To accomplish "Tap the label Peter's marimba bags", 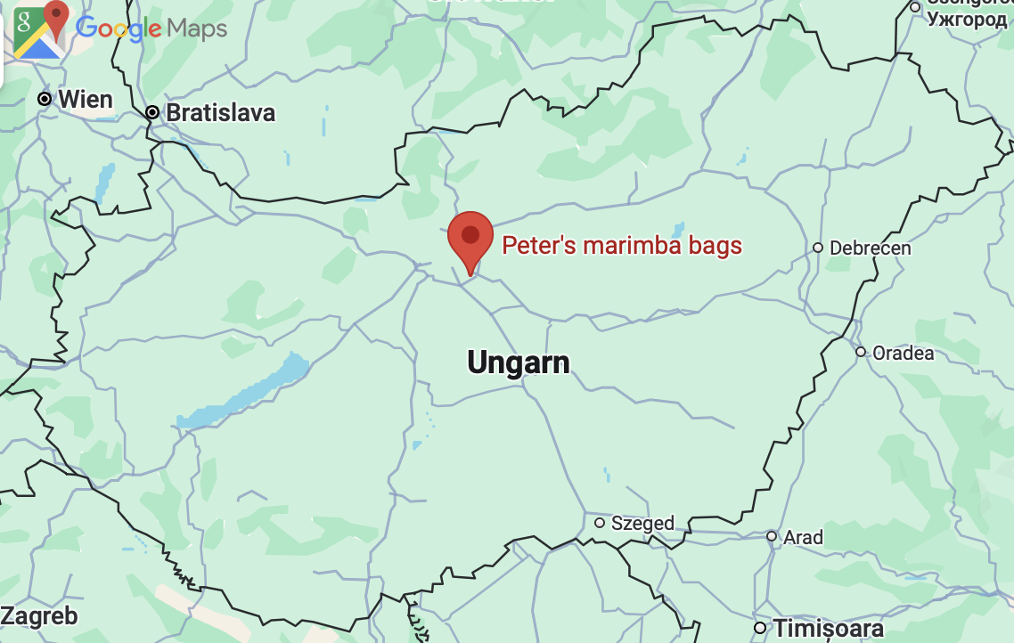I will click(622, 246).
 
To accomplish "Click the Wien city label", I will click(86, 99).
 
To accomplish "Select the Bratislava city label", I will click(220, 113).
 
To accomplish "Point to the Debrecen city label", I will click(870, 248).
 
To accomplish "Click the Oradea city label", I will click(903, 353).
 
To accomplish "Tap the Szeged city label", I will click(642, 523).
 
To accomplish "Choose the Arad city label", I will click(803, 537).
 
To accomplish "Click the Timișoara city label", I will click(828, 629).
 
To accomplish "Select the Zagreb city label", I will click(39, 615).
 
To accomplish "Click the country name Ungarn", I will click(519, 362).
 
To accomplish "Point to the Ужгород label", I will click(967, 20).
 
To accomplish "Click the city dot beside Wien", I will click(45, 99).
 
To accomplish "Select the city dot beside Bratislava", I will click(152, 112).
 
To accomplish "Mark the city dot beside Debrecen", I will click(818, 248).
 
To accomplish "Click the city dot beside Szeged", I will click(600, 523).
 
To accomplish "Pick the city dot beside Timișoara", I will click(759, 629).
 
